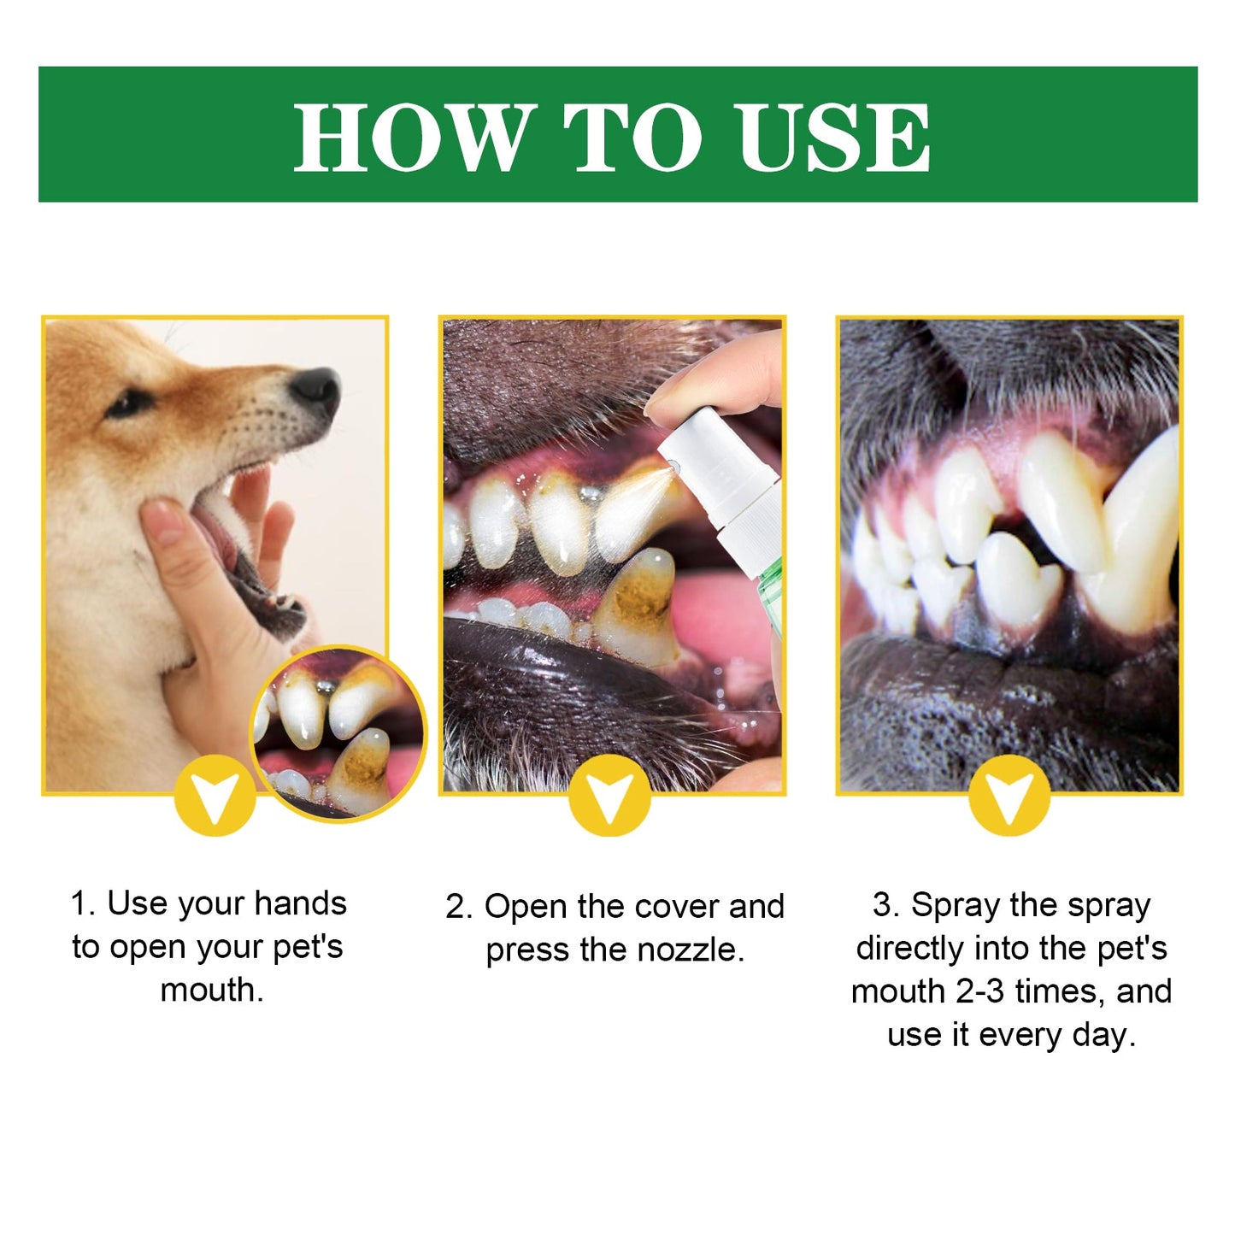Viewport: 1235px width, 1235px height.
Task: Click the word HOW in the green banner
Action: click(410, 137)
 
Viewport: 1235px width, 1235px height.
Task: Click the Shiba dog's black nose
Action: click(316, 389)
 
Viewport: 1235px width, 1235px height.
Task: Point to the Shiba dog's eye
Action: click(130, 402)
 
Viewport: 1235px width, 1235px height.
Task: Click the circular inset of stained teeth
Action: click(338, 733)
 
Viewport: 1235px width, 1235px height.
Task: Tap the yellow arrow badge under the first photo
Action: click(215, 795)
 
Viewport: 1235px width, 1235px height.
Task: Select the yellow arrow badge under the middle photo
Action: click(609, 795)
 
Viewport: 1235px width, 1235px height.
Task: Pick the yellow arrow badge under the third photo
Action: click(1009, 795)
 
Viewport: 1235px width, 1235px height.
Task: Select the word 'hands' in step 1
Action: click(300, 903)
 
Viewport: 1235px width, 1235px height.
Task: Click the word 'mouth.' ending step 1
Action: click(212, 990)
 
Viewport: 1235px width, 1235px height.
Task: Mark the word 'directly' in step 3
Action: click(910, 948)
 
